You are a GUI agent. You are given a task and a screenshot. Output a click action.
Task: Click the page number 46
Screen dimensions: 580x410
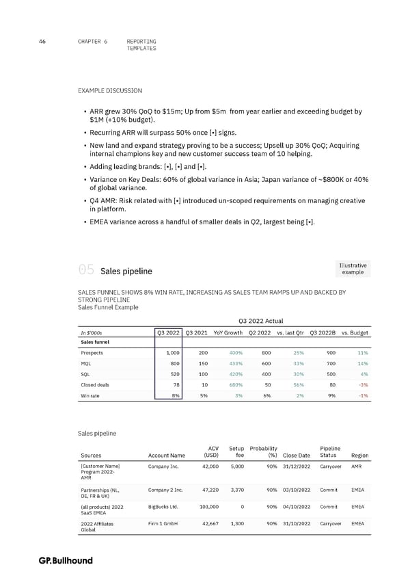coord(42,42)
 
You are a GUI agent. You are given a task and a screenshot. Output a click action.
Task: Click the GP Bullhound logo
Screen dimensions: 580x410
coord(66,561)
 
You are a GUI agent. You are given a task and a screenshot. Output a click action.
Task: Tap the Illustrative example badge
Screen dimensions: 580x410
coord(353,269)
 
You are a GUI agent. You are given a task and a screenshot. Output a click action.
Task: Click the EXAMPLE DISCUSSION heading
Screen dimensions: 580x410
coord(111,90)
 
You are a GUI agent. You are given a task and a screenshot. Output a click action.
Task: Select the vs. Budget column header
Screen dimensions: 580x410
coord(355,332)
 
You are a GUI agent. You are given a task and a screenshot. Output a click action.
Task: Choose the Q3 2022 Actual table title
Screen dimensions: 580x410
coord(261,320)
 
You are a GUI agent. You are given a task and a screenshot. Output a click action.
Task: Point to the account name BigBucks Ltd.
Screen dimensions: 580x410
coord(163,507)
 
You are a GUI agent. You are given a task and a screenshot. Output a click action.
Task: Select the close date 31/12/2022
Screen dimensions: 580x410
coord(296,467)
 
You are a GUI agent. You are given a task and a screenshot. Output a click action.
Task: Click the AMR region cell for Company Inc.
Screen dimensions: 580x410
coord(357,467)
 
